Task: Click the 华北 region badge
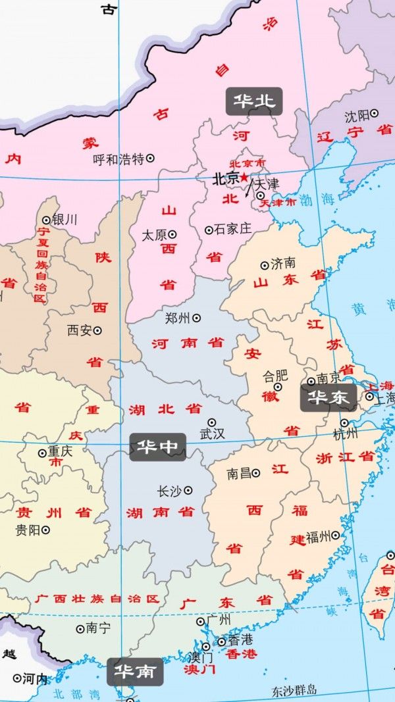pos(254,101)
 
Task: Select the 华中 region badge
pos(157,447)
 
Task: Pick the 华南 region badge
pos(135,671)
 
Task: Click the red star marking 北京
pos(244,178)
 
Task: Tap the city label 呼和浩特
pos(118,159)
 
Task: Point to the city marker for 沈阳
pos(375,114)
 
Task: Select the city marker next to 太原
pos(172,234)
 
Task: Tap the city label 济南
pos(283,264)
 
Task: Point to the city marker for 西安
pos(97,330)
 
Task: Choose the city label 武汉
pos(212,434)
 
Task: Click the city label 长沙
pos(169,491)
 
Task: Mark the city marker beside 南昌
pos(256,472)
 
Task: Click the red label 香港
pos(240,654)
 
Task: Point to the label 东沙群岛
pos(294,690)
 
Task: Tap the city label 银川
pos(64,220)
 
